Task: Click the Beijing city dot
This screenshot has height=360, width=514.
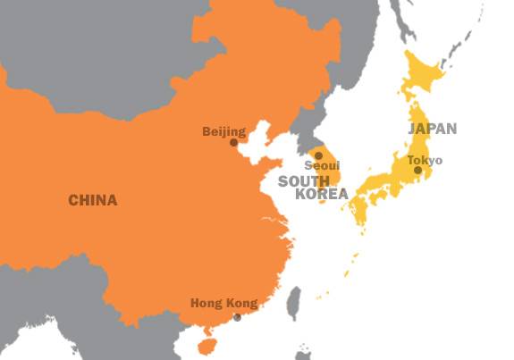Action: tap(233, 142)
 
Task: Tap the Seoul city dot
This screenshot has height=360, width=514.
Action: tap(318, 155)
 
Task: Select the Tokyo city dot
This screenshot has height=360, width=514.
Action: tap(417, 170)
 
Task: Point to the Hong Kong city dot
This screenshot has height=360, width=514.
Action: tap(237, 317)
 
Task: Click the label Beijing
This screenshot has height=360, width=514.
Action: tap(223, 132)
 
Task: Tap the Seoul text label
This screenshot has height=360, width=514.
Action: tap(322, 166)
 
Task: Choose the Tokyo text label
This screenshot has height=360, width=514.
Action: tap(425, 160)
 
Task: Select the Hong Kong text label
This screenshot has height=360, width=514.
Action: tap(223, 304)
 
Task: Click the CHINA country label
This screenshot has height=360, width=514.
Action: tap(92, 200)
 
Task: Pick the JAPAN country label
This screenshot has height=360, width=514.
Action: tap(433, 129)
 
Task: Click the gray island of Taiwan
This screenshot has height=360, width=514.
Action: tap(293, 304)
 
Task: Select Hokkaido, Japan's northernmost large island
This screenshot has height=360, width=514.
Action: tap(422, 76)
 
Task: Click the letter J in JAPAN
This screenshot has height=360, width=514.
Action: tap(412, 129)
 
